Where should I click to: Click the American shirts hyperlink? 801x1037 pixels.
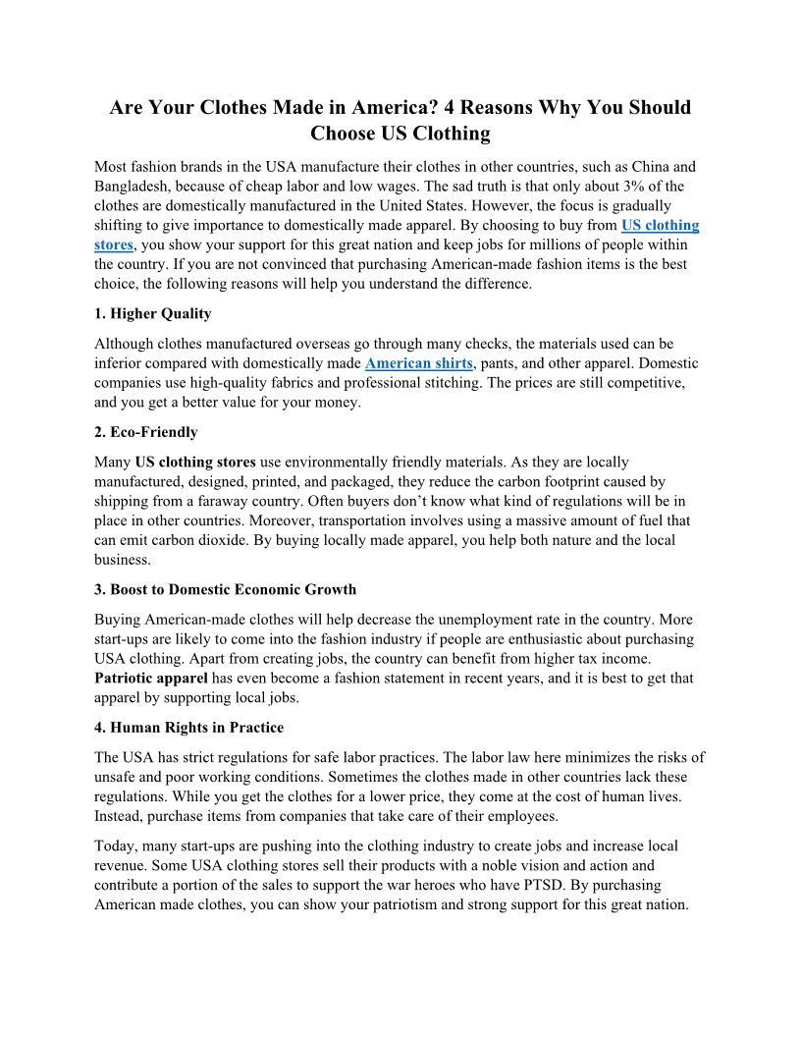pyautogui.click(x=418, y=363)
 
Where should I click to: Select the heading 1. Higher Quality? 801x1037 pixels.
pyautogui.click(x=152, y=314)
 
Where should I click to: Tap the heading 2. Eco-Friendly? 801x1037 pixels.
pyautogui.click(x=146, y=432)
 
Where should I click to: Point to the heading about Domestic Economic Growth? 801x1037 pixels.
pyautogui.click(x=226, y=590)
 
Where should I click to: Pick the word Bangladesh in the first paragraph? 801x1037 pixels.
pyautogui.click(x=135, y=186)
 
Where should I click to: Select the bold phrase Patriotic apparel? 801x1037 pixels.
pyautogui.click(x=151, y=679)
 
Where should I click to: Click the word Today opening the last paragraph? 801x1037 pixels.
pyautogui.click(x=116, y=846)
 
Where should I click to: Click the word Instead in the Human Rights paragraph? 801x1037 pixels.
pyautogui.click(x=121, y=816)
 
